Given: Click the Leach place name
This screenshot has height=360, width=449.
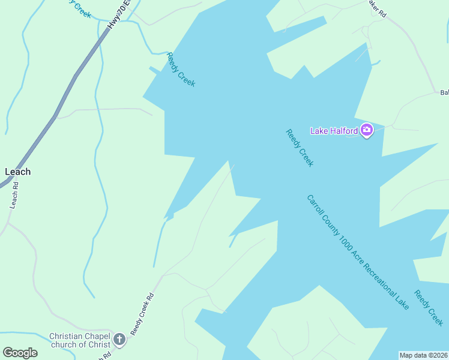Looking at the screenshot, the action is pyautogui.click(x=17, y=172).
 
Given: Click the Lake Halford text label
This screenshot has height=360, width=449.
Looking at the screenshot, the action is pyautogui.click(x=334, y=131).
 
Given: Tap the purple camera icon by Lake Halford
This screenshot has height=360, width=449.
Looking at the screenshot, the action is pyautogui.click(x=367, y=130).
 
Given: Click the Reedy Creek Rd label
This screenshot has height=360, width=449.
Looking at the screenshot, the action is pyautogui.click(x=142, y=313).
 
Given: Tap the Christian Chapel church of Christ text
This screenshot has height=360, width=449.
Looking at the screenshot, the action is pyautogui.click(x=80, y=340).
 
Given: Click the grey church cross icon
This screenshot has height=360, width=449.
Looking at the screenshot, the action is pyautogui.click(x=119, y=341).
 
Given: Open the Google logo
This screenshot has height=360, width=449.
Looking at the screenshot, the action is pyautogui.click(x=20, y=353).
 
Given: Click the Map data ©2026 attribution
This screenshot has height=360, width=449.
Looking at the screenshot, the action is pyautogui.click(x=424, y=355).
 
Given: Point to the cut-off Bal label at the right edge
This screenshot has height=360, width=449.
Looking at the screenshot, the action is pyautogui.click(x=444, y=92).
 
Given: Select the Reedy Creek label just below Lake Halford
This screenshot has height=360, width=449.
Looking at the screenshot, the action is pyautogui.click(x=300, y=148).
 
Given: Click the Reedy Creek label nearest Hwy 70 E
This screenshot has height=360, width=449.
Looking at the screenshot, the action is pyautogui.click(x=181, y=70).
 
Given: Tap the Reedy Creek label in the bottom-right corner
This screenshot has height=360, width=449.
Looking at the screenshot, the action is pyautogui.click(x=429, y=308).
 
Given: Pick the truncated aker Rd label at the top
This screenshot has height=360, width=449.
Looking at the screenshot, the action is pyautogui.click(x=377, y=9).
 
